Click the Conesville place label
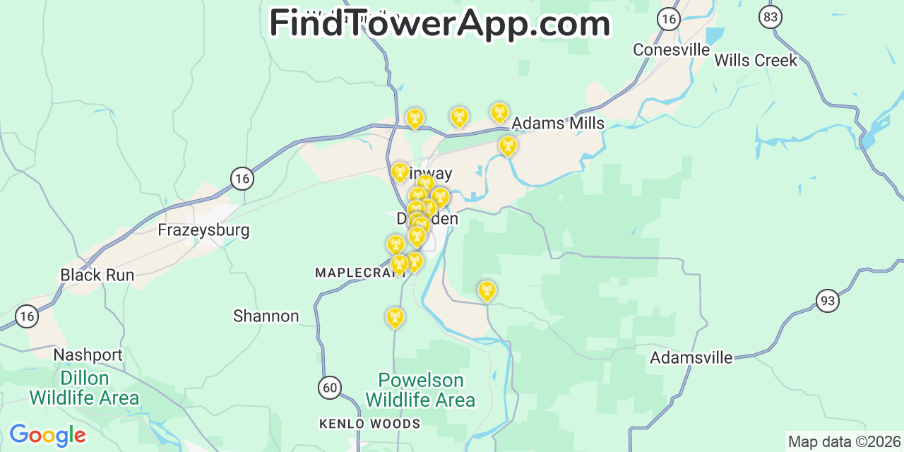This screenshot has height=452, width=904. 671,49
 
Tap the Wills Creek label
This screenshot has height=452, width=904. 755,60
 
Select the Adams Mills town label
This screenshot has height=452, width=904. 558,124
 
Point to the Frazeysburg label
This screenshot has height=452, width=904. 203,230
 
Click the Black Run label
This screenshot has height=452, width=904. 97,275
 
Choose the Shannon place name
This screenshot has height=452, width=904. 266,316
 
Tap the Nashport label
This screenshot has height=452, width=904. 88,355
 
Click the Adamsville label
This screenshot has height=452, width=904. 691,357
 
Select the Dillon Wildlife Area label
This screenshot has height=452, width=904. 84,388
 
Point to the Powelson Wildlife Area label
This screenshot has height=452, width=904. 420,391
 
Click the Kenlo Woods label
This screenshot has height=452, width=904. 369,424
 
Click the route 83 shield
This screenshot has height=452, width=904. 770,16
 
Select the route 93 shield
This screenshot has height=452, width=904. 828,301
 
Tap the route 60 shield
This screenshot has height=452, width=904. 330,387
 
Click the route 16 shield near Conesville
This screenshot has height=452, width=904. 668,19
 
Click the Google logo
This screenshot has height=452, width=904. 47,435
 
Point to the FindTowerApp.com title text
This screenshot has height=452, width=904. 439,23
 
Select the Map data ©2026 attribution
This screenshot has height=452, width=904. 845,442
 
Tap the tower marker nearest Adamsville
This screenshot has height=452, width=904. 487,290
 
